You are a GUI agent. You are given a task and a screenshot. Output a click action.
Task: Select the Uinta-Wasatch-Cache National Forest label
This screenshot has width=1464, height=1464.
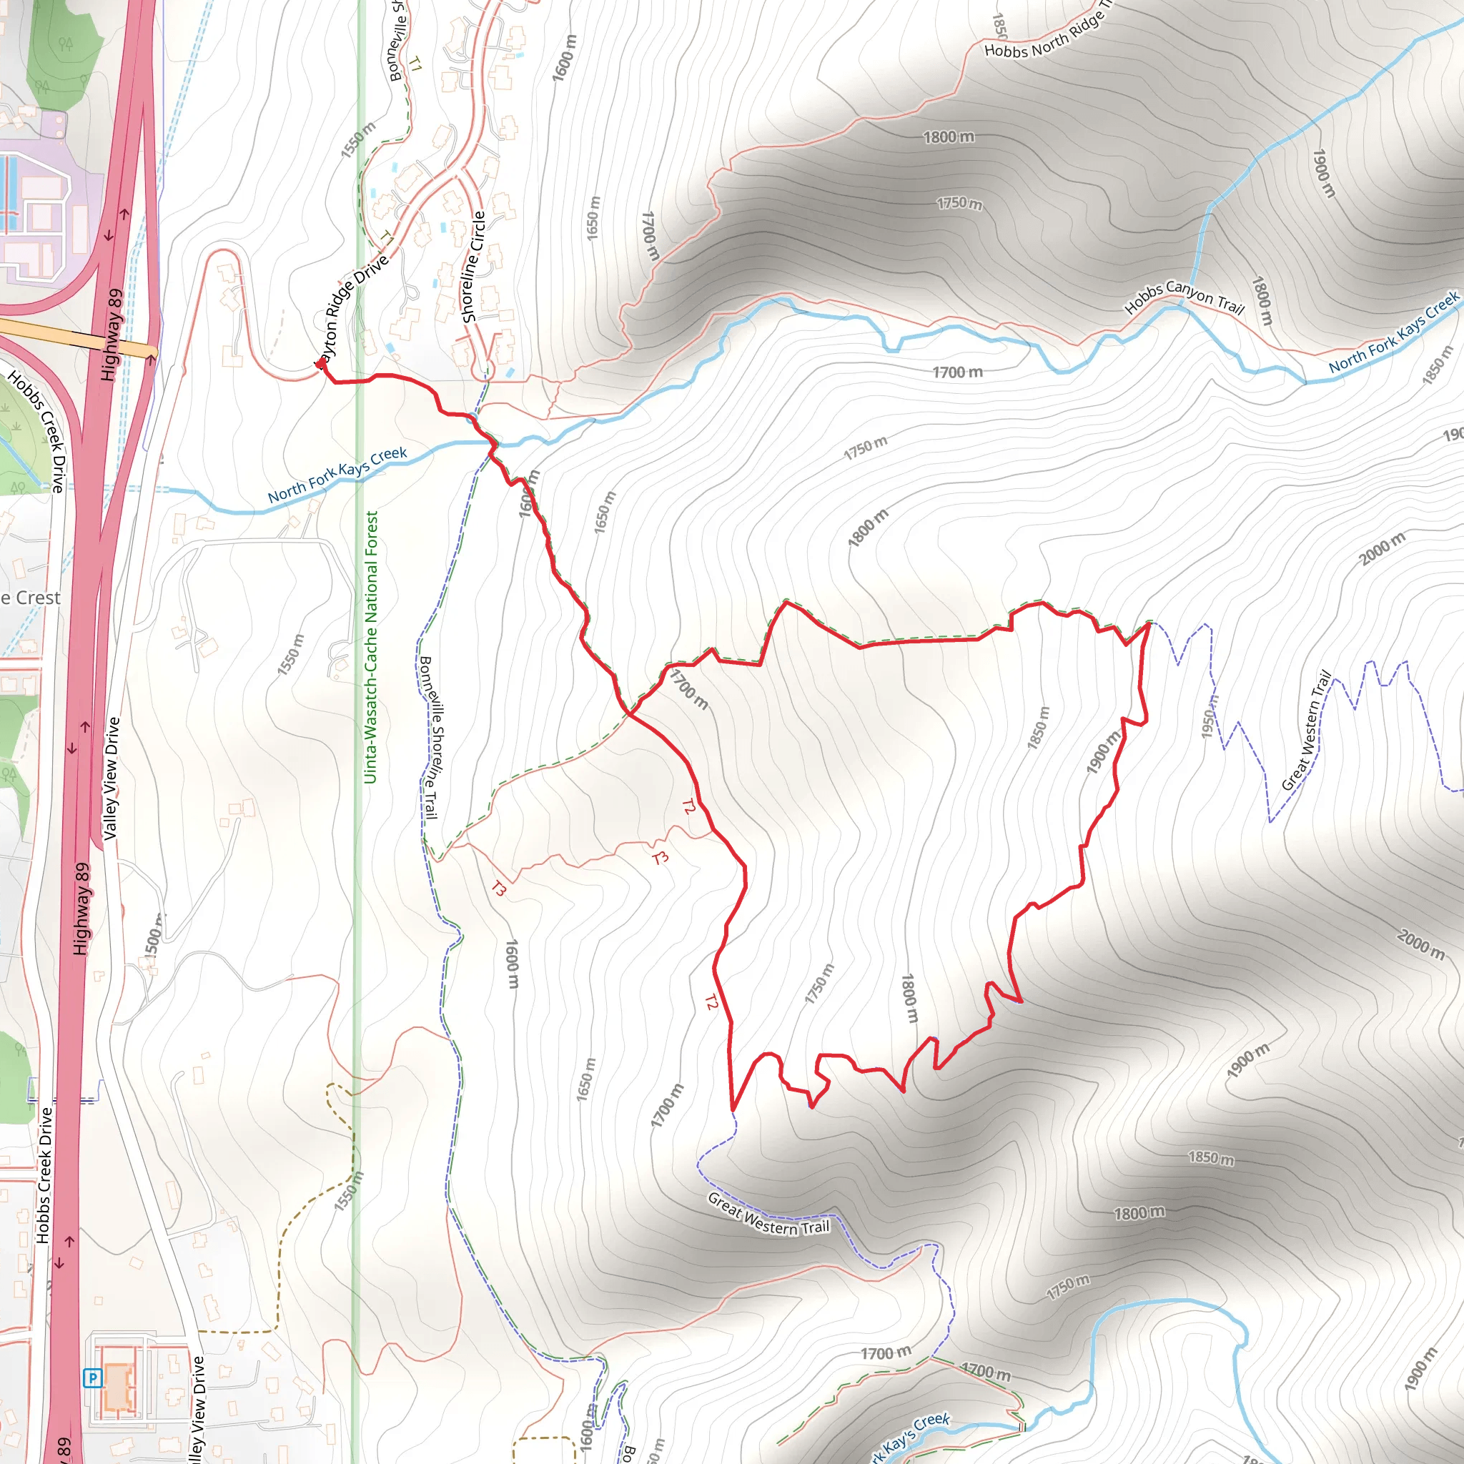[370, 648]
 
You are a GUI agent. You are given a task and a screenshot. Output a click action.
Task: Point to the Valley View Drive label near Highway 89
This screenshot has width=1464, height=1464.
[112, 778]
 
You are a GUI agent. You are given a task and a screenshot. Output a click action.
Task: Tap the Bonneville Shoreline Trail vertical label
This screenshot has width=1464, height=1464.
[430, 737]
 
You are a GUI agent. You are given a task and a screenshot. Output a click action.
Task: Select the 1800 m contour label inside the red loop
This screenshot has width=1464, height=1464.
[909, 998]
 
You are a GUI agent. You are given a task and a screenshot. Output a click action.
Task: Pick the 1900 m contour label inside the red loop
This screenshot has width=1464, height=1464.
[1102, 753]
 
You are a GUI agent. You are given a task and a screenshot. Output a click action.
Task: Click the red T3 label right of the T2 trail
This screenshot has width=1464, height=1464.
[660, 858]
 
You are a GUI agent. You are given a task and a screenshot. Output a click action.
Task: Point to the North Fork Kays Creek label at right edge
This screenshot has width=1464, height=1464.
[1393, 332]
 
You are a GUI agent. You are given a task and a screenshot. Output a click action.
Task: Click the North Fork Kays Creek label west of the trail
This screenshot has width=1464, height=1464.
[337, 475]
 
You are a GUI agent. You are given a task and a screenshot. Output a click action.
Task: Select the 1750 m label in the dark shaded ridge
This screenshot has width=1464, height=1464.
[959, 203]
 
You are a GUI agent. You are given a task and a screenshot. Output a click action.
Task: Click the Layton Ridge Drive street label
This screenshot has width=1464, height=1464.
[352, 307]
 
